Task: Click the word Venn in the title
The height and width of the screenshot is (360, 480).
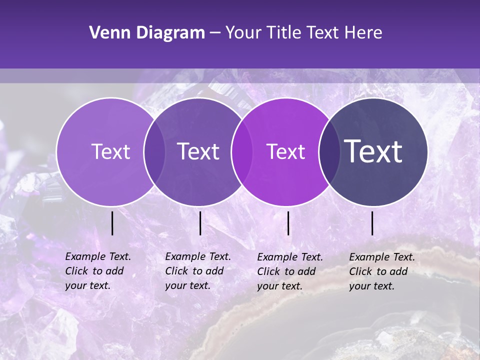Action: click(x=107, y=33)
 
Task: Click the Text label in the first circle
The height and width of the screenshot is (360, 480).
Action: click(x=110, y=151)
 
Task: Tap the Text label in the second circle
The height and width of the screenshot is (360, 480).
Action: click(x=198, y=151)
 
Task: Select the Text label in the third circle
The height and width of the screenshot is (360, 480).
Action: click(x=286, y=151)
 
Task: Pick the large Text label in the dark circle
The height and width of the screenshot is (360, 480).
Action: click(x=373, y=151)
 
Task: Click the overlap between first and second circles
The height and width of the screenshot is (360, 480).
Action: click(x=154, y=151)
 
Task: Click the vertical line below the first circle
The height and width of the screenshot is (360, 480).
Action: click(x=112, y=223)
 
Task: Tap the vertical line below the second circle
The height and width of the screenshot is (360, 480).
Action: click(x=200, y=223)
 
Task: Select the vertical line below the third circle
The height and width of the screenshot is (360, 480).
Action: click(x=288, y=223)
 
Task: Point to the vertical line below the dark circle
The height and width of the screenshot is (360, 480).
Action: click(x=372, y=223)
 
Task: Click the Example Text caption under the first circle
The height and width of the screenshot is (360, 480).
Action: click(x=98, y=271)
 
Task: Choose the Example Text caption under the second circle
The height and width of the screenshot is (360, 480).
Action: click(x=198, y=271)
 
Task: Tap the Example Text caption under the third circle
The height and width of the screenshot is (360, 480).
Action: click(x=290, y=271)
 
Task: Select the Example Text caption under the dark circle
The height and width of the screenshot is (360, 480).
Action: click(x=382, y=271)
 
